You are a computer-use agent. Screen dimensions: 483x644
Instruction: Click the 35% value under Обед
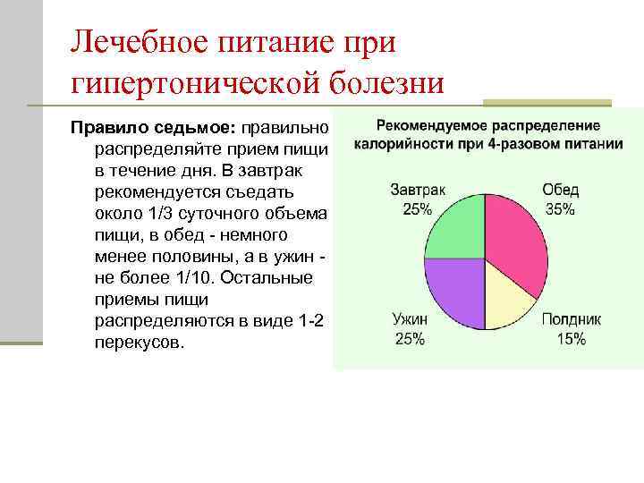(560, 208)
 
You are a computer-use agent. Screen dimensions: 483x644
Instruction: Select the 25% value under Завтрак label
(418, 208)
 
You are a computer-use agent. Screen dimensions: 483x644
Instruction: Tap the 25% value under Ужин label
(409, 339)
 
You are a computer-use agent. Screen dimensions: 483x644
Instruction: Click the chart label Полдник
(571, 319)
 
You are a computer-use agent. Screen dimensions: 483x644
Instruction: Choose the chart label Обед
(561, 190)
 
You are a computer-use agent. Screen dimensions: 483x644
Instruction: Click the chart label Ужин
(410, 319)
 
